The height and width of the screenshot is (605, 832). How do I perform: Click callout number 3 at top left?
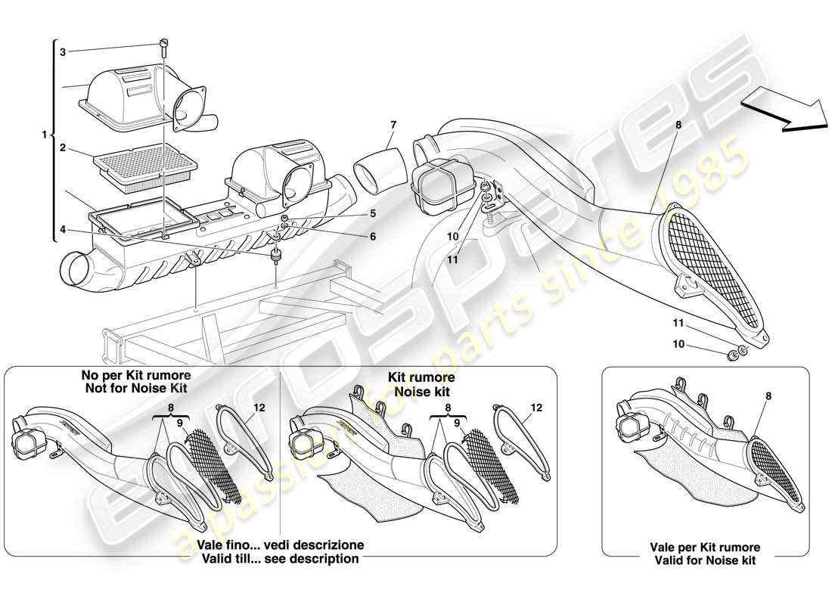coord(63,51)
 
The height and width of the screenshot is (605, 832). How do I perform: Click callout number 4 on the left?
coord(63,228)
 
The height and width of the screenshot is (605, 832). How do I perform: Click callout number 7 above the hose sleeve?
coord(393,124)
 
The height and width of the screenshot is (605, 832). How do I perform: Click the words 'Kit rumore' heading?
coord(421,377)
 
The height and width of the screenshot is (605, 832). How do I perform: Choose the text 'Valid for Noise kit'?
coord(705,560)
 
